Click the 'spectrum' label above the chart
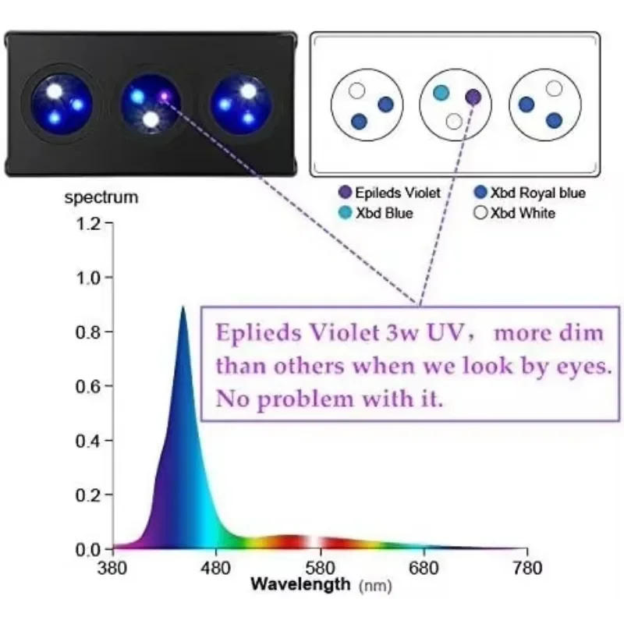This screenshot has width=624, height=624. click(101, 197)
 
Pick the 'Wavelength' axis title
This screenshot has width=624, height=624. click(300, 583)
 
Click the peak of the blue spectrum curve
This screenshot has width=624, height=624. click(183, 307)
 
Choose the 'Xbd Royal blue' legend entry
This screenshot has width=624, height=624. click(530, 193)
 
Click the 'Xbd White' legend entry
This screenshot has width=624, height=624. click(519, 213)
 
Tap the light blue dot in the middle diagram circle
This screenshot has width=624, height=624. click(441, 93)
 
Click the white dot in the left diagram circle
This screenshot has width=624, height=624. click(356, 90)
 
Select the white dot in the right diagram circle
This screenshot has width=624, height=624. click(554, 88)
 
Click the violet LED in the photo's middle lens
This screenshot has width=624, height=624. click(164, 96)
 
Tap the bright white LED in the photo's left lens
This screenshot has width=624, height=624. click(54, 90)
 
